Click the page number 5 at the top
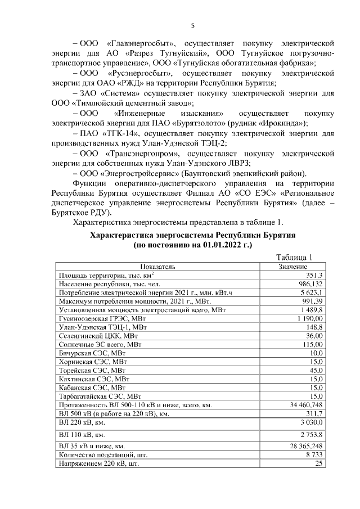192,25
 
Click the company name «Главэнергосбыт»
141,43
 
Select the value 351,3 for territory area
313,275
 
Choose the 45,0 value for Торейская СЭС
315,370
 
